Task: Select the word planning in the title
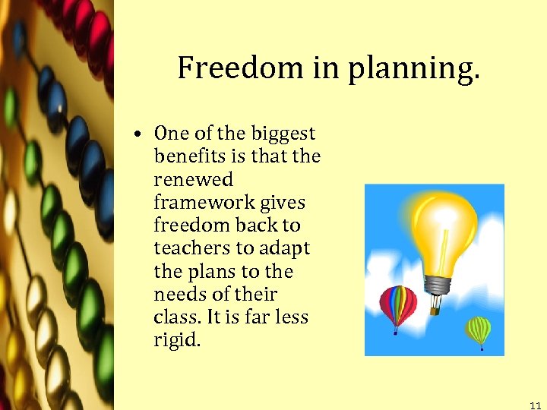coord(415,69)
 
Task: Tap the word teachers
coord(192,248)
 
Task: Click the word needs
coord(178,294)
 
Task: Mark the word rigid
coord(177,340)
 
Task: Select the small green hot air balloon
coord(479,330)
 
